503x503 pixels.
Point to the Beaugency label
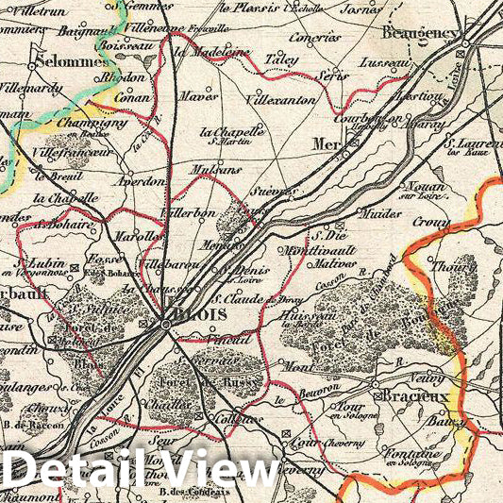tap(420, 32)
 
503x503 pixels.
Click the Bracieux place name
tap(413, 397)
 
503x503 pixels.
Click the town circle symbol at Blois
tap(166, 324)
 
